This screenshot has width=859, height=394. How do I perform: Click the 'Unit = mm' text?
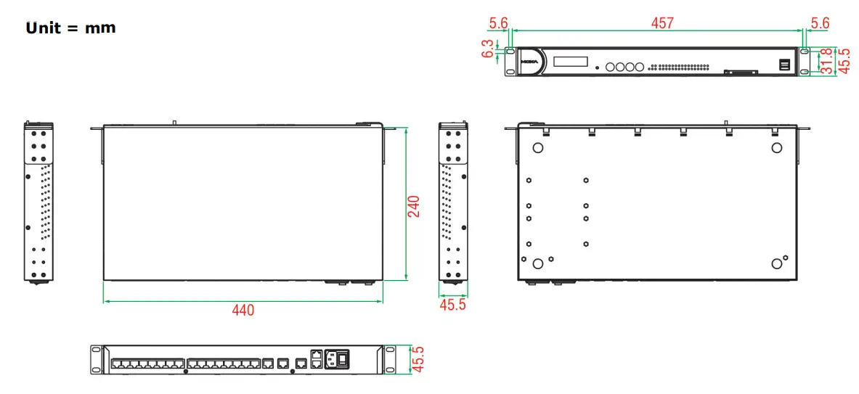coord(70,28)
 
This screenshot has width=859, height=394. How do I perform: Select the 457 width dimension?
coord(661,23)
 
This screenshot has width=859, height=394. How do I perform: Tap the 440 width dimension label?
coord(243,311)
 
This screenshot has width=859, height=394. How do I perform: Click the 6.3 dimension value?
coord(488,49)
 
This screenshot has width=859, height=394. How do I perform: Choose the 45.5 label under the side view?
coord(453,305)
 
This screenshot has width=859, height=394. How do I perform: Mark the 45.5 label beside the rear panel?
coord(418,359)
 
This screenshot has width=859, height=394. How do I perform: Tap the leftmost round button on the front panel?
coord(611,67)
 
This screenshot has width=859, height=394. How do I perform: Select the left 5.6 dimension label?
coord(497,23)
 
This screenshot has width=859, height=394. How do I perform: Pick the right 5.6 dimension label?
coord(819,23)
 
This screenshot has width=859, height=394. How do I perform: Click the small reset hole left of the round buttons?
coord(597,67)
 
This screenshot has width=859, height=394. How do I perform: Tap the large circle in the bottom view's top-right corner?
coord(776,148)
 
